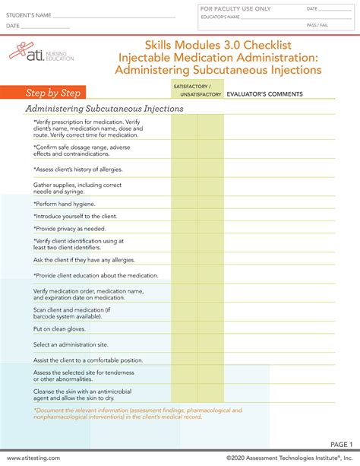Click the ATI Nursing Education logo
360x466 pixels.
coord(41,52)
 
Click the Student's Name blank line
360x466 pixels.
coord(114,17)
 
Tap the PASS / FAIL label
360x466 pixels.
coord(317,25)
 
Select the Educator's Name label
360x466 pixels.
coord(220,17)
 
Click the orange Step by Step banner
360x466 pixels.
coord(43,93)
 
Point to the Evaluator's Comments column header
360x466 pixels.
coord(264,94)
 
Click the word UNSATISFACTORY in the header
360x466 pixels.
coord(201,94)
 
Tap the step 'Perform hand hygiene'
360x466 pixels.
coord(64,204)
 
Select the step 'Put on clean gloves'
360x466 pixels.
coord(59,329)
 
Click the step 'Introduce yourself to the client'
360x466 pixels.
coord(75,217)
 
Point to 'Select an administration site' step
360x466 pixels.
coord(71,344)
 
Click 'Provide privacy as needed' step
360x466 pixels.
coord(70,229)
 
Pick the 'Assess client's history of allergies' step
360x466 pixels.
coord(77,170)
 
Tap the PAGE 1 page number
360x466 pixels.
coord(342,445)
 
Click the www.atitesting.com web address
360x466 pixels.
coord(33,458)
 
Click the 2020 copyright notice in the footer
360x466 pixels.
coord(289,458)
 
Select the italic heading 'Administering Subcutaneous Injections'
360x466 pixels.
coord(105,109)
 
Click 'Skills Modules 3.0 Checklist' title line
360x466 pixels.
coord(218,45)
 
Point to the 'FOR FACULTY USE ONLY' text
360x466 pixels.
coord(235,9)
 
